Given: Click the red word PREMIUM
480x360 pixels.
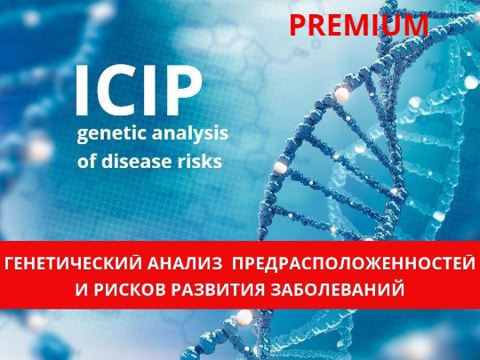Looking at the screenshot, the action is click(359, 26).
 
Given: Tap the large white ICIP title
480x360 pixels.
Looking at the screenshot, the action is click(139, 91).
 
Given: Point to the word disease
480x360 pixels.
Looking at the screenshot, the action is click(136, 160).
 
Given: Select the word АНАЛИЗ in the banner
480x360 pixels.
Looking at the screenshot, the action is click(185, 264).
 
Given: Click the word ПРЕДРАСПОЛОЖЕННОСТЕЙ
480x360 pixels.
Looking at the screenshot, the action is click(354, 264).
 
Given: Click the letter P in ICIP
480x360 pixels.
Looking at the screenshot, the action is click(185, 91).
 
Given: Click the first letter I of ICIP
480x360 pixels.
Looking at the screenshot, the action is click(82, 91).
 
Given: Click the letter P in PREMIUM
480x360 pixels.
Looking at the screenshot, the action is click(296, 26).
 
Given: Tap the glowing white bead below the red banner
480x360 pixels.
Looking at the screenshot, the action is click(244, 317).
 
